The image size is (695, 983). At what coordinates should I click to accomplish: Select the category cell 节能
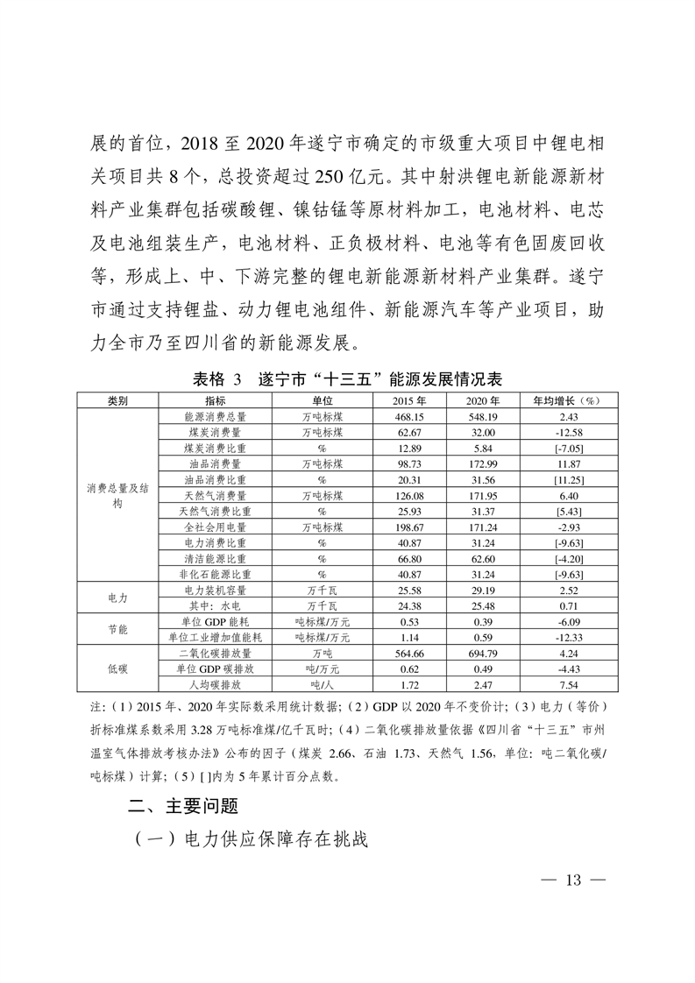(x=117, y=629)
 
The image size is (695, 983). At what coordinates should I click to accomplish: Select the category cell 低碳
(x=117, y=668)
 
